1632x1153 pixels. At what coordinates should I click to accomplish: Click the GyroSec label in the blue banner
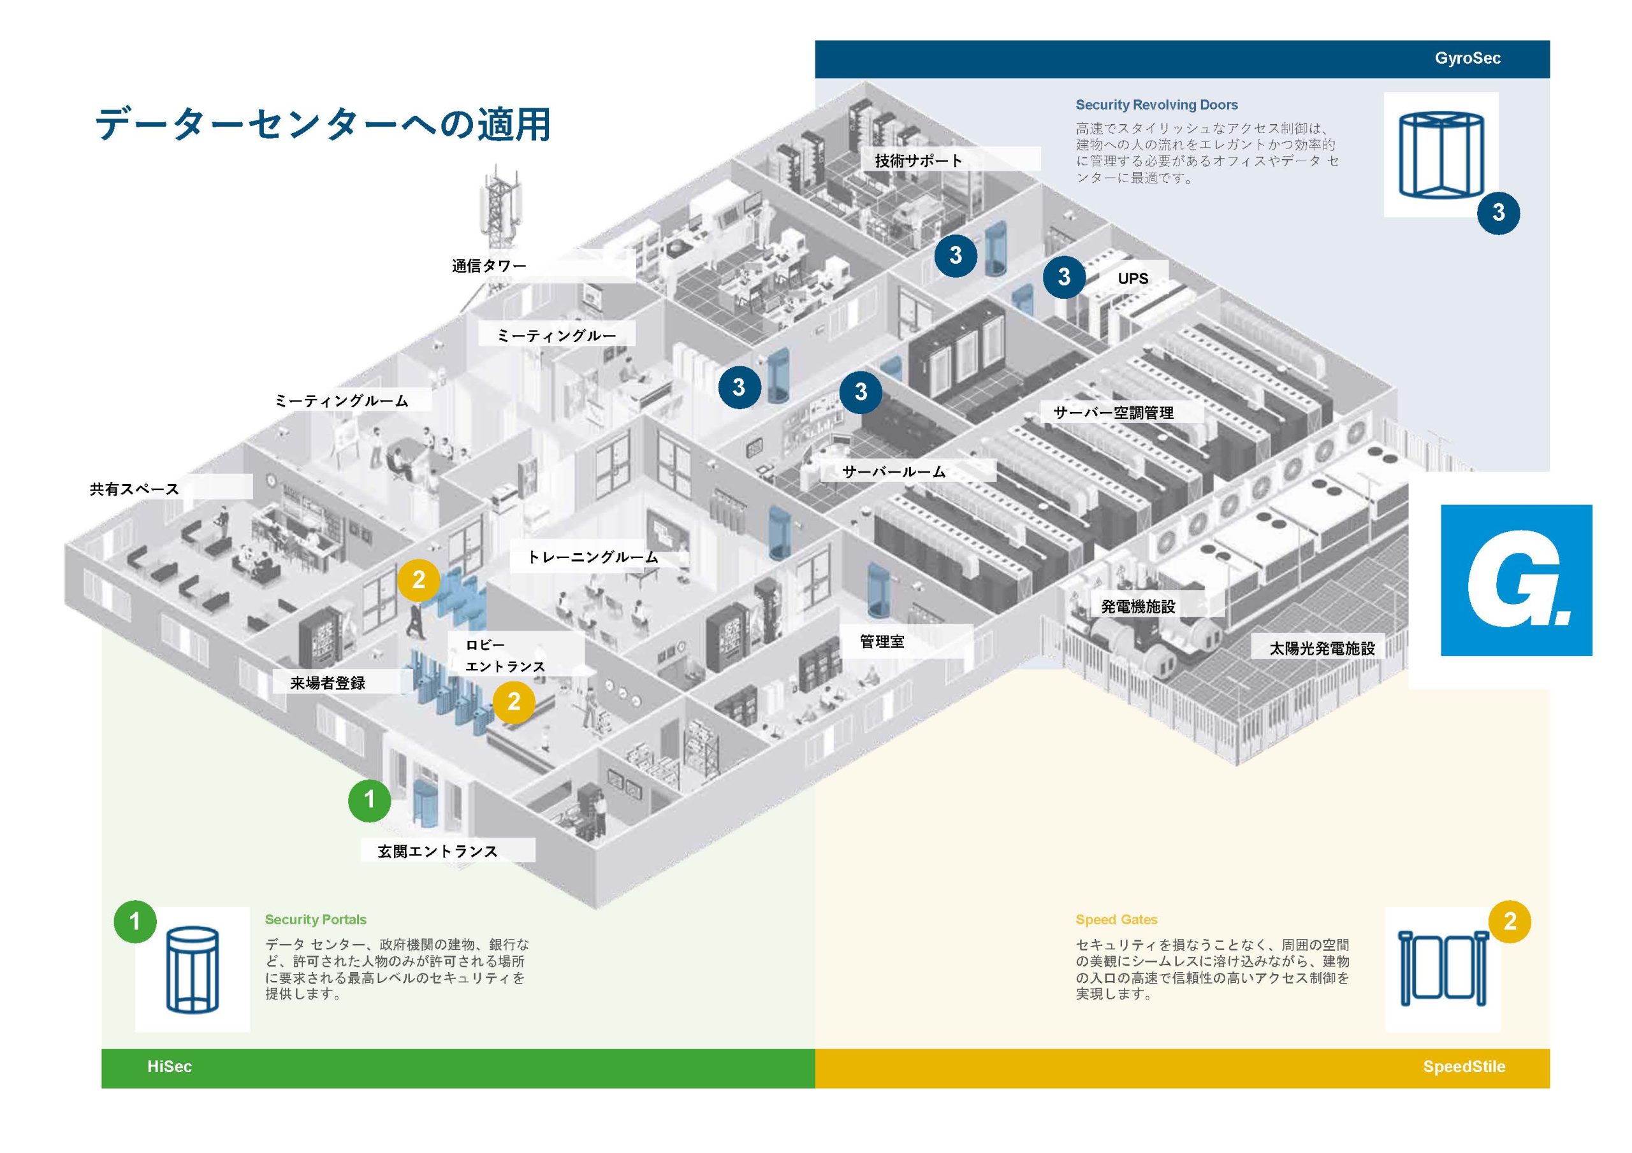pos(1466,58)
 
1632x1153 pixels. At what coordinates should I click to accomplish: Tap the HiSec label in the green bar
pos(169,1066)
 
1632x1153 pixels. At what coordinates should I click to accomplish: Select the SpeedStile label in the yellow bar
pos(1464,1066)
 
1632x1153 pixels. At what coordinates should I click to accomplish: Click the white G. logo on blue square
pos(1516,580)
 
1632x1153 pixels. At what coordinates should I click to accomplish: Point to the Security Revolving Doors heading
pos(1156,105)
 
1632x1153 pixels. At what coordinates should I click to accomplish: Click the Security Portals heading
pos(316,919)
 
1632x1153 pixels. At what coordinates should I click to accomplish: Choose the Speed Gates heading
pos(1116,919)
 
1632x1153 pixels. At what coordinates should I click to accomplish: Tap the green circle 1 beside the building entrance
pos(369,800)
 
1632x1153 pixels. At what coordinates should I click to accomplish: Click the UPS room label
pos(1132,278)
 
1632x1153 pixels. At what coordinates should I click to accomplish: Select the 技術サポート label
pos(919,161)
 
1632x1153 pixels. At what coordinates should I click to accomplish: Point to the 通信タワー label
pos(489,266)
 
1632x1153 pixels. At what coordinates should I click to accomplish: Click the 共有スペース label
pos(135,489)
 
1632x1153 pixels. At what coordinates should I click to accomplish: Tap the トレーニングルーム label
pos(592,557)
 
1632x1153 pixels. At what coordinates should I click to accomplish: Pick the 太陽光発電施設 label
pos(1322,648)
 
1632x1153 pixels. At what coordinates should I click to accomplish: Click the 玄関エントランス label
pos(437,851)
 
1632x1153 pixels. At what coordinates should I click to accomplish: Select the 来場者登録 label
pos(328,683)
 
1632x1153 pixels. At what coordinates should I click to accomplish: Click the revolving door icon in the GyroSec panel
pos(1440,155)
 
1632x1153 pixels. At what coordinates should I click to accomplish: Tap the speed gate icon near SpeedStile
pos(1442,968)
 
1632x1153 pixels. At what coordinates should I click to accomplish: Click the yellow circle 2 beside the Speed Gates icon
pos(1509,921)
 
